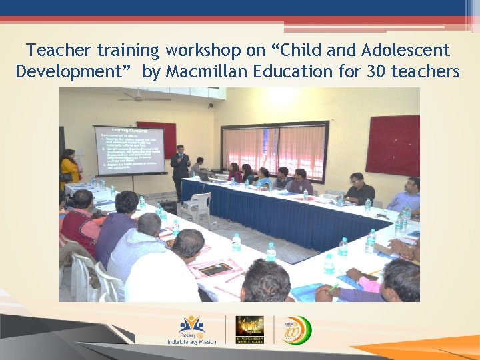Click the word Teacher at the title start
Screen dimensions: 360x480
[59, 50]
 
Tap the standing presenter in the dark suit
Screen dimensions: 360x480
[180, 169]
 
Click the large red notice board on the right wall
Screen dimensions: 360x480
[393, 145]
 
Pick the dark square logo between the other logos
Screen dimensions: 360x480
[249, 329]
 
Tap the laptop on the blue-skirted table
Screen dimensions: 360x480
[203, 177]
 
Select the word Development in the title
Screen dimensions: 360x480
[73, 71]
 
